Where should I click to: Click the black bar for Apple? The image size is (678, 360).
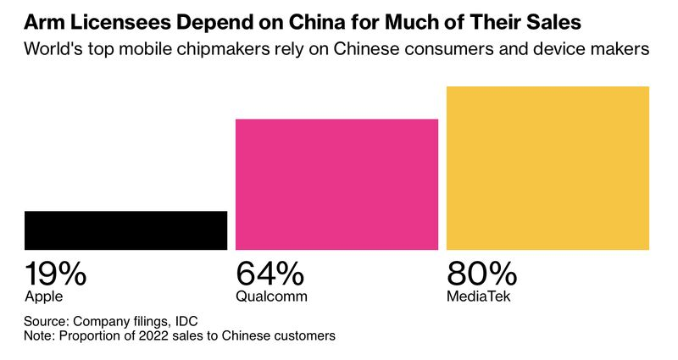125,230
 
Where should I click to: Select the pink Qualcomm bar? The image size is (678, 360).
336,185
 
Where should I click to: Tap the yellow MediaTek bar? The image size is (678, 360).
547,168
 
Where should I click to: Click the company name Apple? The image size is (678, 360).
44,296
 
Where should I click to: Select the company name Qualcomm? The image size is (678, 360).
271,296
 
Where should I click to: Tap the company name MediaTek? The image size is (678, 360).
480,296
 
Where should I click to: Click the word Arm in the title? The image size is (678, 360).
42,20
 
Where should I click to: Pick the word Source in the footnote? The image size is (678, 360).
45,321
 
